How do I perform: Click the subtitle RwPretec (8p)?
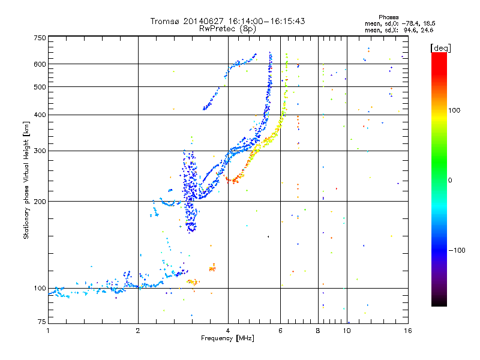click(x=227, y=29)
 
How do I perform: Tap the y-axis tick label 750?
click(x=40, y=38)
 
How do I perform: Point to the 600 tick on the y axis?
click(x=40, y=64)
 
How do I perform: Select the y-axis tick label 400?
click(x=40, y=115)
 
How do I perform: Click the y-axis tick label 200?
click(x=40, y=202)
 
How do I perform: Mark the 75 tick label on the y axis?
click(x=42, y=322)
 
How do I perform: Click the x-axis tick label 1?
click(x=48, y=331)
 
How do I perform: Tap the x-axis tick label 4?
click(x=228, y=331)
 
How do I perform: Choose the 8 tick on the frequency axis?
click(x=318, y=331)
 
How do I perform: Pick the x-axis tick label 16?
click(x=408, y=331)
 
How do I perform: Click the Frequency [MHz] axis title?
click(x=227, y=338)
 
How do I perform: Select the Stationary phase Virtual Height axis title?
click(x=26, y=181)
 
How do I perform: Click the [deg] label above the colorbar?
click(x=440, y=48)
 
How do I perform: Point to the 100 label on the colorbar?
click(x=454, y=110)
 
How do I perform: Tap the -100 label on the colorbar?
click(x=457, y=250)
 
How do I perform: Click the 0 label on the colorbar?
click(x=450, y=181)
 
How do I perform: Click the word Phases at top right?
click(x=388, y=17)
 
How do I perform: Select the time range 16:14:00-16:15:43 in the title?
click(x=266, y=21)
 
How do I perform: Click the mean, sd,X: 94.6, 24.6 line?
click(x=399, y=31)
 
